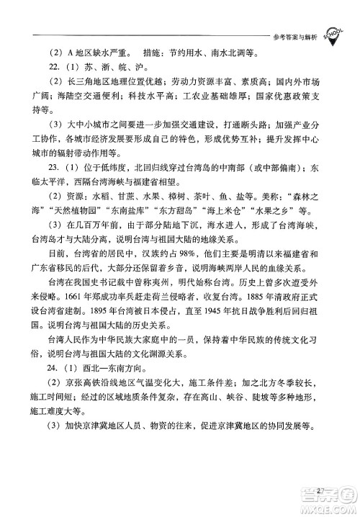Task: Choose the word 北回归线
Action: [x=153, y=177]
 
